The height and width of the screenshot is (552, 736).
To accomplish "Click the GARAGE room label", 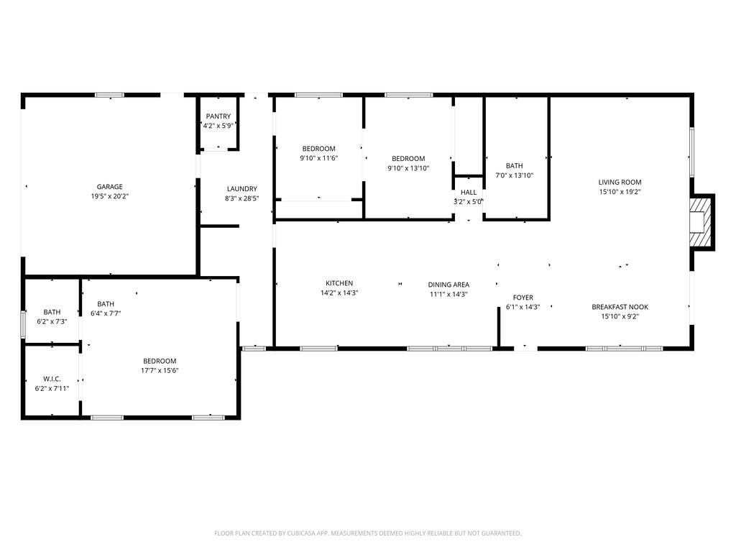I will tap(110, 187).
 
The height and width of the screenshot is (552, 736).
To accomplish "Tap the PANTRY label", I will tap(218, 116).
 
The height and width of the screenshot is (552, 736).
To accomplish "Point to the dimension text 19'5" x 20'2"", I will tap(110, 196).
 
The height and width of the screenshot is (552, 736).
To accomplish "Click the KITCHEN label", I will tap(339, 283).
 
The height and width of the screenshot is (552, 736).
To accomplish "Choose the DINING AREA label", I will tap(448, 285).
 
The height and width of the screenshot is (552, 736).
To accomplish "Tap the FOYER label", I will tap(523, 298).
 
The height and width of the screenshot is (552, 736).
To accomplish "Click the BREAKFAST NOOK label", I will tap(620, 307).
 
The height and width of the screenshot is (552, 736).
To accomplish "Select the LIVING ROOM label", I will tap(620, 183).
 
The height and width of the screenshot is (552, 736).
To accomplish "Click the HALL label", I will tap(468, 193).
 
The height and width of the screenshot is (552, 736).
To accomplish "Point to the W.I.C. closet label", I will tap(52, 379).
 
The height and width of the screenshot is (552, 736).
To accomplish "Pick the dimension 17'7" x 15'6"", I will tap(160, 371).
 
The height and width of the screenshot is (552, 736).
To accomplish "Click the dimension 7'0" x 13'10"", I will tap(514, 175).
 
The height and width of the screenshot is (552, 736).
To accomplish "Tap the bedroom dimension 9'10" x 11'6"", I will tap(318, 158).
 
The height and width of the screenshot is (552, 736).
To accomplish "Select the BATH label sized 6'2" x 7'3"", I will tap(52, 312).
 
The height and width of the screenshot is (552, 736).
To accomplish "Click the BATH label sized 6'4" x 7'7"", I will tap(106, 304).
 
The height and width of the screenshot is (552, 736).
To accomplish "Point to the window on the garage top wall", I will tap(109, 95).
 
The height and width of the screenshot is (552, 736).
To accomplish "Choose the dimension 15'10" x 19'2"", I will tap(620, 192).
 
